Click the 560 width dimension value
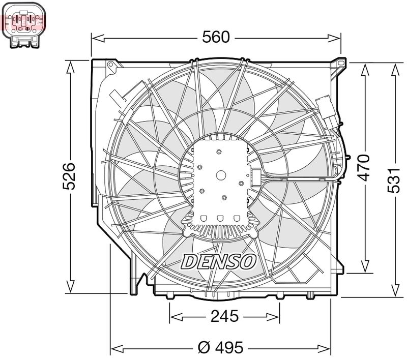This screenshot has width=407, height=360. tap(216, 37)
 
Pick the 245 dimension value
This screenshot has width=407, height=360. tap(224, 316)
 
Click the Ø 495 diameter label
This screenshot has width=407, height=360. tap(220, 348)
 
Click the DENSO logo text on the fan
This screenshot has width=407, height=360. tap(219, 261)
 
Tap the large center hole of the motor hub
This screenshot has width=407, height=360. tap(221, 174)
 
